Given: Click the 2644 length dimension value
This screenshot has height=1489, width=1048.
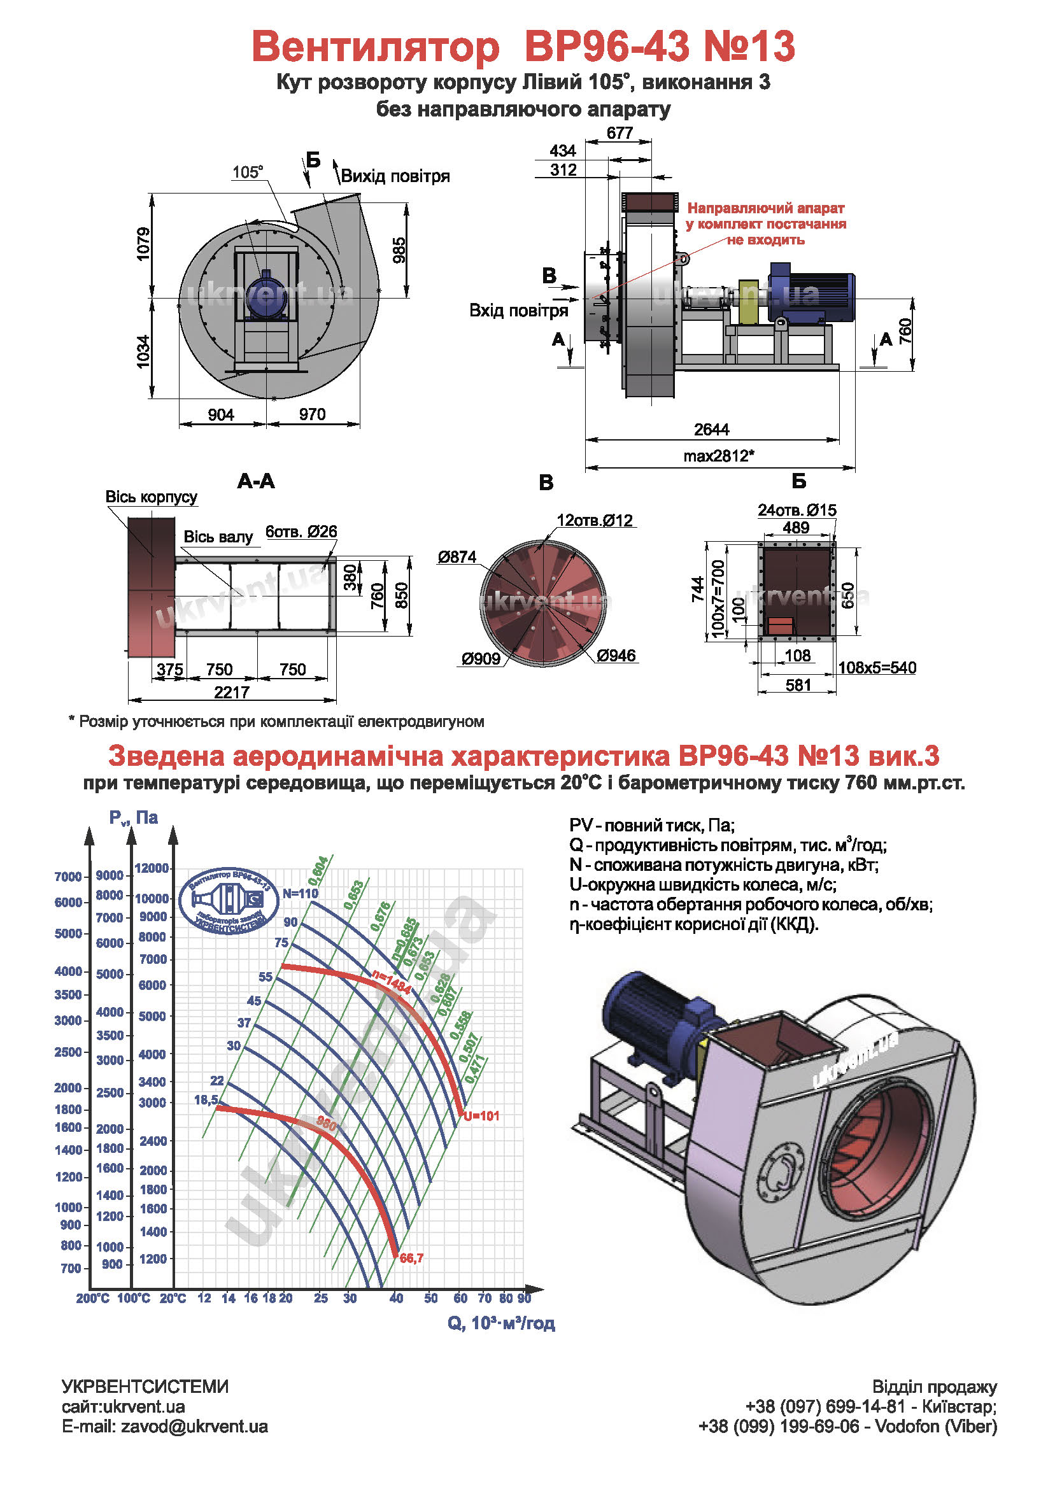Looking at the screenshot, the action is pos(711,429).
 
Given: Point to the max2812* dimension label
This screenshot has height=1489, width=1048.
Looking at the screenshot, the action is pos(719,456).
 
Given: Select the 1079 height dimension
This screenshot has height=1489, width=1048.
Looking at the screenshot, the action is pos(143,244).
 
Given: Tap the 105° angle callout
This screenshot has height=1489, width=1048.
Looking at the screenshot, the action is pos(248,172).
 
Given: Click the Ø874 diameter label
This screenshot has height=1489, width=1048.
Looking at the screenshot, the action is pos(457,556).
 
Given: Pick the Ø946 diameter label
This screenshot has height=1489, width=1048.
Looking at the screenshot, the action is pos(616,655).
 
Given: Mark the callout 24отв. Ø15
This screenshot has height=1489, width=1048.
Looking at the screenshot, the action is pos(797,511).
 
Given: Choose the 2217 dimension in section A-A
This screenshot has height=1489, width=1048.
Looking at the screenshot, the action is pos(232,692).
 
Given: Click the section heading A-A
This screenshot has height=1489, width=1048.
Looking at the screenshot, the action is pos(256,481).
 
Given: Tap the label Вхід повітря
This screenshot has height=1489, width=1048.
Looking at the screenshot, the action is pos(518,311).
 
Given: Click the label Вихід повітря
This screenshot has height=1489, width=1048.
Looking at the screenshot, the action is pos(395,176).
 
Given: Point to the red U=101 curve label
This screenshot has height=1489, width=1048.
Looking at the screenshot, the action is pos(482,1116).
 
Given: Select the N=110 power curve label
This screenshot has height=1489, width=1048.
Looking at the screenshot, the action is pos(301,894).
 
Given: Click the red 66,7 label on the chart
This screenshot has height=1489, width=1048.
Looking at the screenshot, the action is pos(412,1258).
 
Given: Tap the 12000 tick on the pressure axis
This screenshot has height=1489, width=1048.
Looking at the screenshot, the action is pos(152,868).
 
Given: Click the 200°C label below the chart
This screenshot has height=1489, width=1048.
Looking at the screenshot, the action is pos(93,1298).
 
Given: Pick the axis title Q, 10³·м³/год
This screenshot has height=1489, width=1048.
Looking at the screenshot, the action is pos(501,1323).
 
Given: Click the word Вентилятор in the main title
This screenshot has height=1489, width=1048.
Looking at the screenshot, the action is pos(376,46).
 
